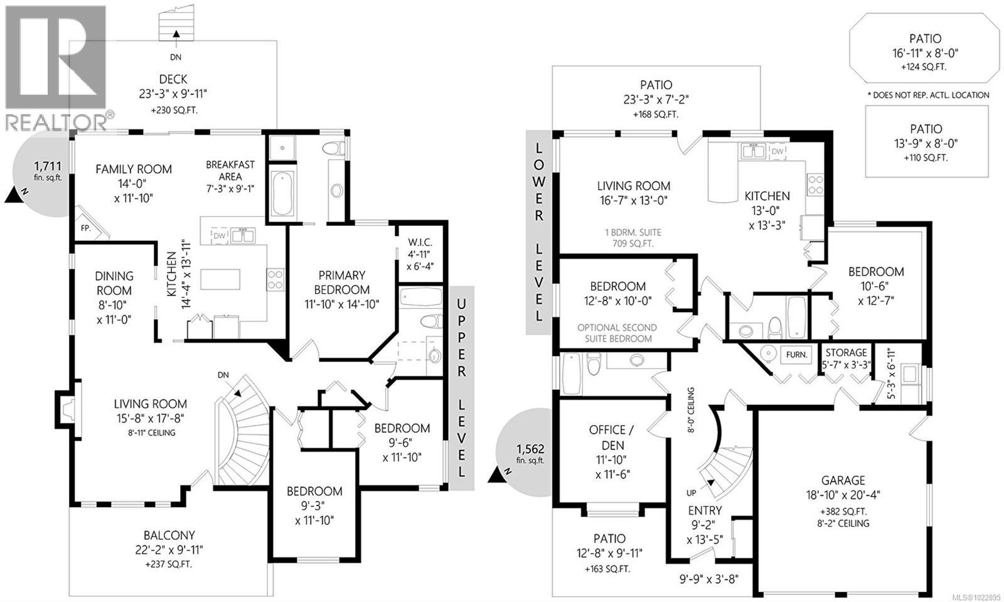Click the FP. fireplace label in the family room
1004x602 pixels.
pyautogui.click(x=85, y=228)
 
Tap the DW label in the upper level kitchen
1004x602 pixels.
pyautogui.click(x=219, y=236)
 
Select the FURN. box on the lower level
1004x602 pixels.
pyautogui.click(x=796, y=355)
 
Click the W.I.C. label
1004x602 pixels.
pyautogui.click(x=420, y=242)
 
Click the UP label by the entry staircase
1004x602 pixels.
pyautogui.click(x=691, y=493)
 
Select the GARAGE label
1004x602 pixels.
pyautogui.click(x=843, y=480)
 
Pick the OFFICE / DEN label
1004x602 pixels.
pyautogui.click(x=612, y=438)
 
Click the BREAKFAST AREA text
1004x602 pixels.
pyautogui.click(x=230, y=171)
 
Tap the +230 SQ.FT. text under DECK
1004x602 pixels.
pyautogui.click(x=174, y=110)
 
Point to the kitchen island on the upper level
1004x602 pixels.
pyautogui.click(x=220, y=280)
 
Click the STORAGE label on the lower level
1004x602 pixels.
pyautogui.click(x=846, y=353)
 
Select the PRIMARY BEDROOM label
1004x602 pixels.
pyautogui.click(x=341, y=282)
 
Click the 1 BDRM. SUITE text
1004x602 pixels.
pyautogui.click(x=633, y=233)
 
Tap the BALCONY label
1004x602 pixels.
pyautogui.click(x=169, y=535)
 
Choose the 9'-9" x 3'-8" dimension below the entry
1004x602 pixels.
pyautogui.click(x=708, y=579)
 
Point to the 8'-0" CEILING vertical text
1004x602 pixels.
pyautogui.click(x=691, y=410)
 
